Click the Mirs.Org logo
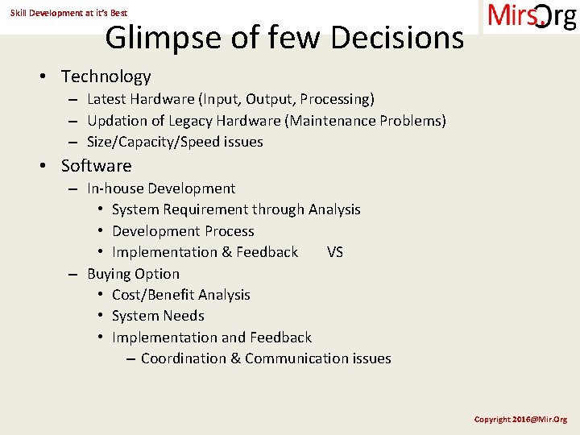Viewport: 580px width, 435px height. point(532,17)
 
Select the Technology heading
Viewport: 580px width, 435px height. point(106,77)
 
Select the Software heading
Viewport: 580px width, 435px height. point(96,166)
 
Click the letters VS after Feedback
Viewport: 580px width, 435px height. point(335,252)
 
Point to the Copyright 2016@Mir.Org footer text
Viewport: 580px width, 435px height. point(520,420)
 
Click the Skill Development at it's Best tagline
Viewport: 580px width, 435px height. point(68,13)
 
